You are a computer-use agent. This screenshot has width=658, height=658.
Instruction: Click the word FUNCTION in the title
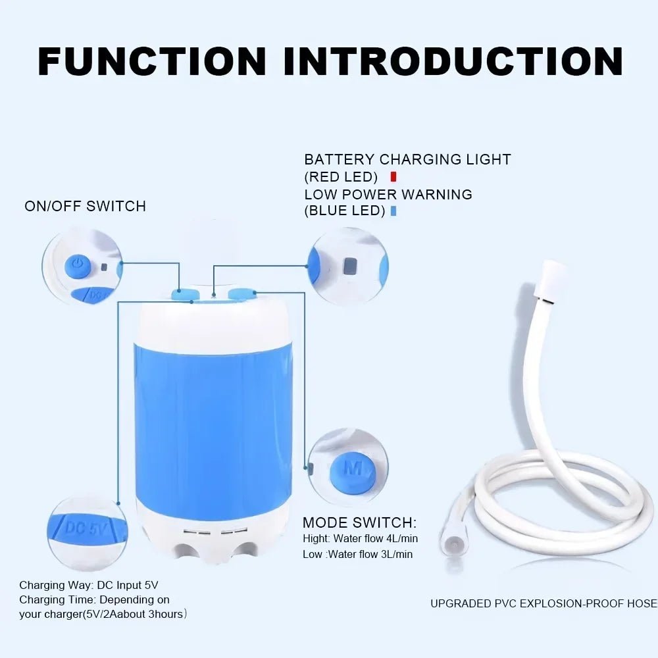click(152, 61)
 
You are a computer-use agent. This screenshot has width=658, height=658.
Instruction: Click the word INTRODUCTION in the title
click(453, 61)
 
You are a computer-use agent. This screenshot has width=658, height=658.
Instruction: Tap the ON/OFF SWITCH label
click(85, 206)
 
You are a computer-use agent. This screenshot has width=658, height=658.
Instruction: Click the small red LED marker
click(393, 176)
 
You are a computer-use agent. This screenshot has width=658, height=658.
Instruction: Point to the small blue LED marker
click(393, 211)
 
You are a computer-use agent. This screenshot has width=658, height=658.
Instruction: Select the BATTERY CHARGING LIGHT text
click(407, 159)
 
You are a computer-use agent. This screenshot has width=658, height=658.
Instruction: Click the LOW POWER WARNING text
click(388, 195)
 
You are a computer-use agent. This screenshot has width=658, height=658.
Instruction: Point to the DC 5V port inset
click(87, 529)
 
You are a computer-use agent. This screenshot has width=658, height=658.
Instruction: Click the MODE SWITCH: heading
click(359, 523)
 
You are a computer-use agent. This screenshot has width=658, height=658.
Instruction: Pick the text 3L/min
click(394, 555)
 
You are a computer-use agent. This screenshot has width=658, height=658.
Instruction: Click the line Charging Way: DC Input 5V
click(89, 585)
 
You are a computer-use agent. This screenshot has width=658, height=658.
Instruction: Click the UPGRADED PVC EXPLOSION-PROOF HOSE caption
click(544, 603)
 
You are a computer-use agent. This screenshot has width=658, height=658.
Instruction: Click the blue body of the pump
click(213, 421)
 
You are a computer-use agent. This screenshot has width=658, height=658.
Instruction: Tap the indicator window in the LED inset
click(351, 266)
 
